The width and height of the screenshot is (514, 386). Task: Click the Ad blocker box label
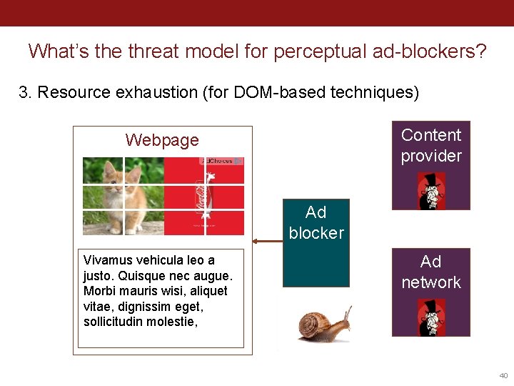click(316, 222)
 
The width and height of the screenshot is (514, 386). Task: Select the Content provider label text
click(431, 145)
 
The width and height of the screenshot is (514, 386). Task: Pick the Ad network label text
click(430, 272)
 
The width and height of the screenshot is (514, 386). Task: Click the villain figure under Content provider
click(430, 190)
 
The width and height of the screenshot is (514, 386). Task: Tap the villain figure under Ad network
click(430, 317)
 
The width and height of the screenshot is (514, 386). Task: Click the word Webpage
click(162, 140)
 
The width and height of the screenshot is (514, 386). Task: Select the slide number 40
click(503, 375)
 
